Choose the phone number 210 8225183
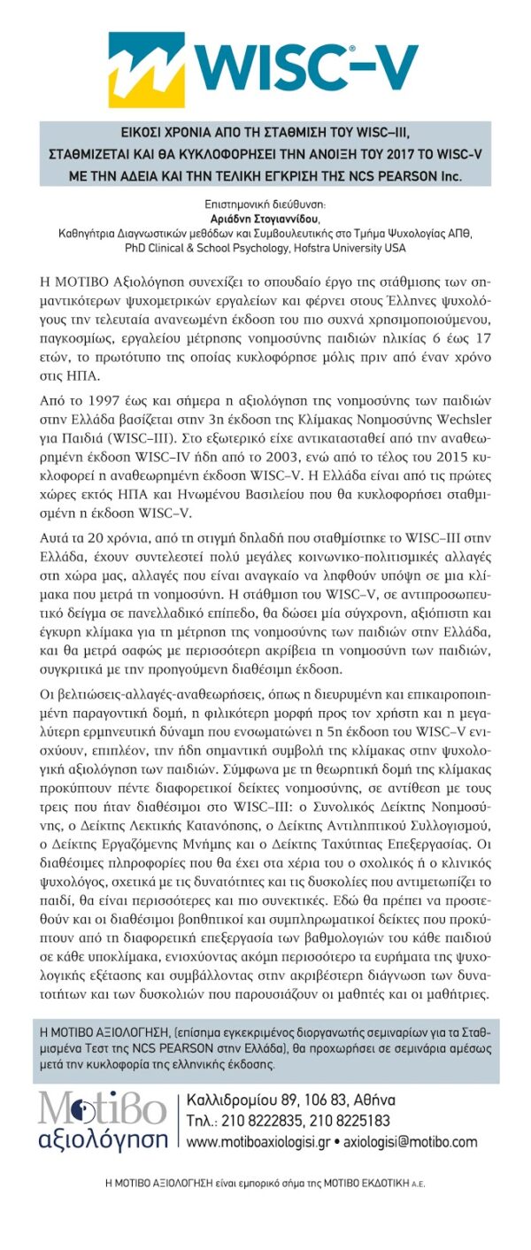[359, 1123]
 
